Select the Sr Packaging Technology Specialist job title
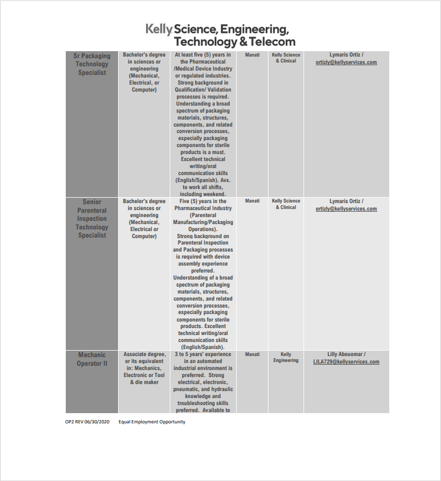tap(92, 64)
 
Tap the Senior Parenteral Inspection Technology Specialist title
tap(92, 219)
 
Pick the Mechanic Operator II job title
tap(92, 359)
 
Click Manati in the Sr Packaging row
tap(252, 55)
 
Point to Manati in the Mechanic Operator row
tap(252, 354)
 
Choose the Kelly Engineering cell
tap(286, 358)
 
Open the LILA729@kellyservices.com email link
tap(346, 362)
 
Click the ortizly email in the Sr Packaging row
tap(346, 62)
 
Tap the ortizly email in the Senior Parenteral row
tap(346, 209)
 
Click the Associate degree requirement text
tap(144, 354)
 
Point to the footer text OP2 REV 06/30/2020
tap(87, 422)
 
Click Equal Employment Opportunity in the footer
tap(151, 422)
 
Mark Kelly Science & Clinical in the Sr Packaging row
tap(286, 58)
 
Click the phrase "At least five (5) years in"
tap(203, 55)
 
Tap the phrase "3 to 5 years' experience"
tap(203, 354)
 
